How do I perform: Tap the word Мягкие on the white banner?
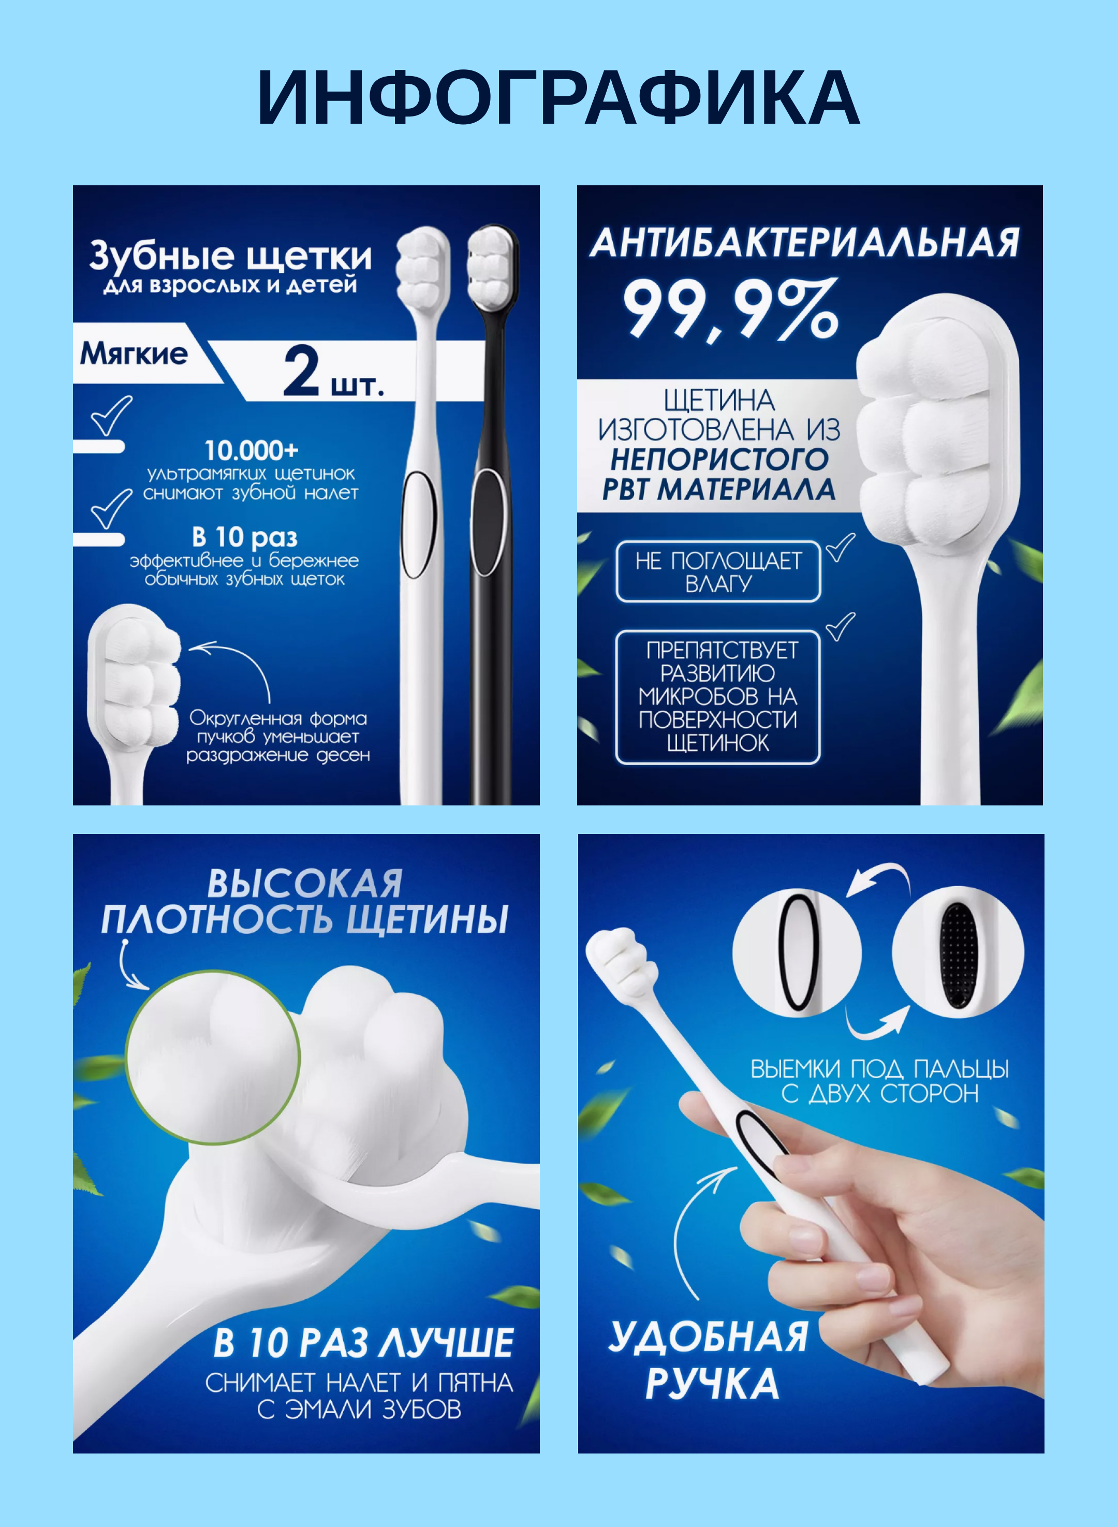point(134,354)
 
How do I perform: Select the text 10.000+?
point(251,450)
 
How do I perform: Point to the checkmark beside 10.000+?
point(112,416)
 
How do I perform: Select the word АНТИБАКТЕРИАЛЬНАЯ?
point(804,243)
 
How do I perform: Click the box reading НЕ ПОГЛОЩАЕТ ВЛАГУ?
point(718,572)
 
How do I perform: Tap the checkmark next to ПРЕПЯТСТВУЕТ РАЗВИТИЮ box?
point(841,626)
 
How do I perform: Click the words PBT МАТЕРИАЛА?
point(719,489)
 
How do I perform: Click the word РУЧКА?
point(712,1384)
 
